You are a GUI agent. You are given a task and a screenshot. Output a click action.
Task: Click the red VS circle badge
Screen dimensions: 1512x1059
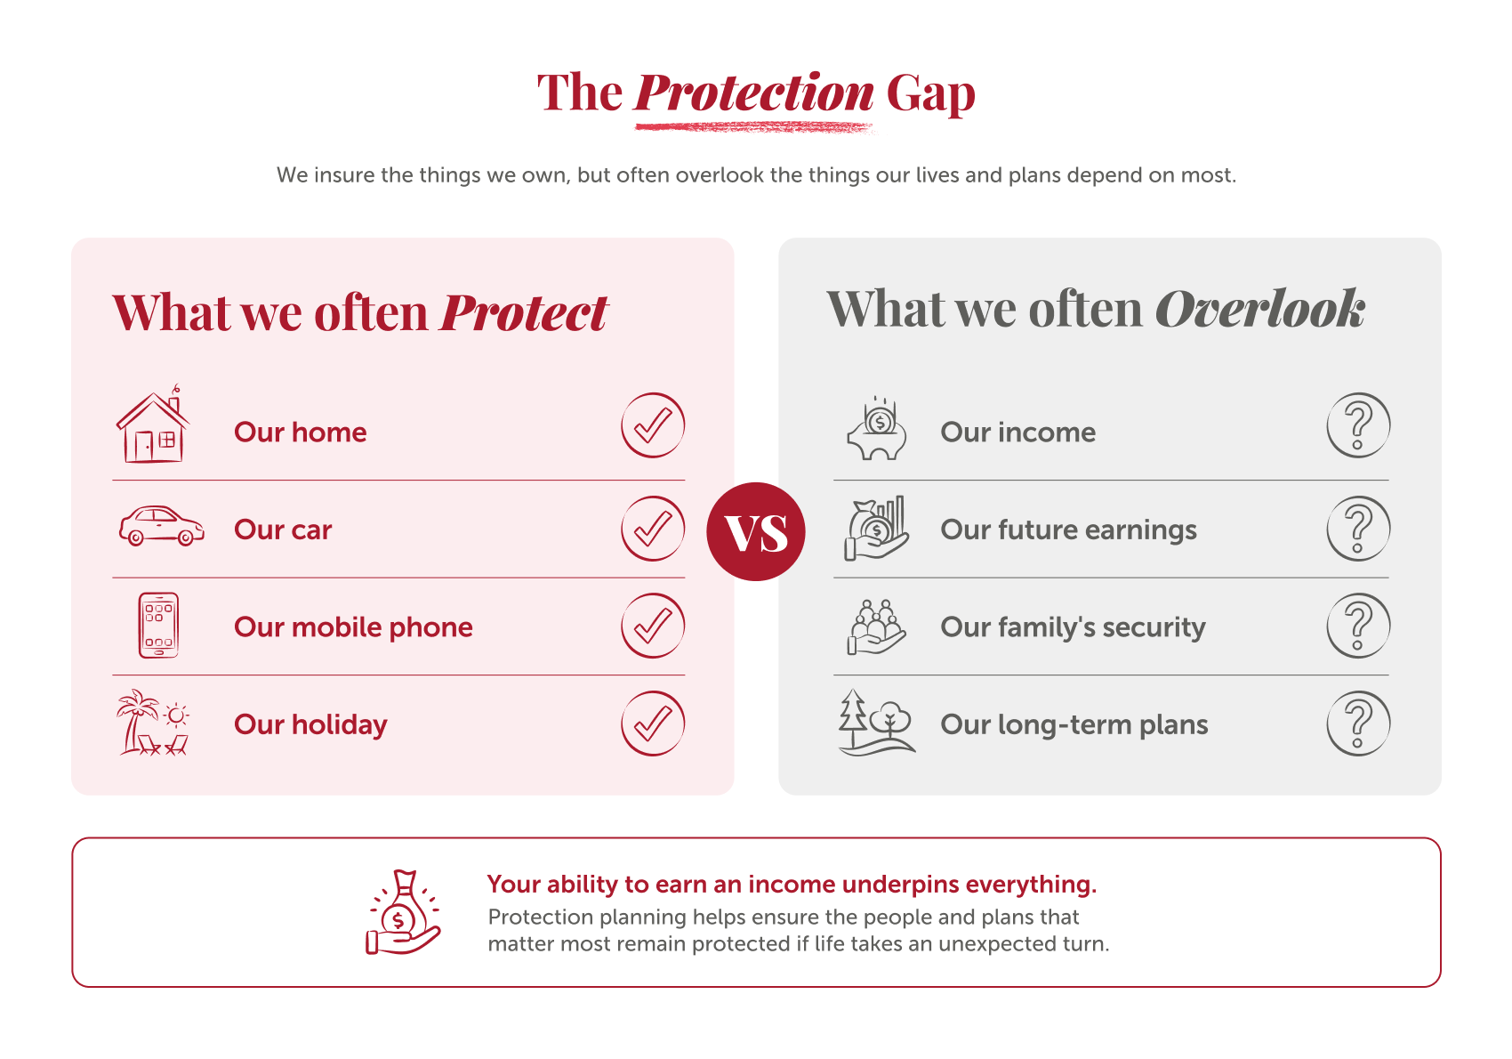click(755, 531)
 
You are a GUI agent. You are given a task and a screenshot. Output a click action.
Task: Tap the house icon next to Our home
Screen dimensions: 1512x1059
click(153, 424)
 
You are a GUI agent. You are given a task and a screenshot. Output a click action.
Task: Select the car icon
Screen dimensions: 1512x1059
click(161, 526)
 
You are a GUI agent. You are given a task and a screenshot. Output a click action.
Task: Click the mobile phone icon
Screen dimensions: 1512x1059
click(158, 626)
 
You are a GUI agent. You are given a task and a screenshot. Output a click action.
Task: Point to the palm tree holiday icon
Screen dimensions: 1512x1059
click(153, 723)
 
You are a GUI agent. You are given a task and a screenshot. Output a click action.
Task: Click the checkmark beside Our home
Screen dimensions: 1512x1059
click(653, 425)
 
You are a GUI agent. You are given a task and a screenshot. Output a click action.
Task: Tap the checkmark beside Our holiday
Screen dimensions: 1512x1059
click(653, 724)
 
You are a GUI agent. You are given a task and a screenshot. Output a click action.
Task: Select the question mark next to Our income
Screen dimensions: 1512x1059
click(1358, 425)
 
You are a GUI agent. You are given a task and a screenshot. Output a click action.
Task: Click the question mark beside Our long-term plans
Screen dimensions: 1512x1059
click(1358, 724)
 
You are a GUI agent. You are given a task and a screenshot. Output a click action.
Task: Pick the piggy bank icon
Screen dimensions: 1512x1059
click(877, 429)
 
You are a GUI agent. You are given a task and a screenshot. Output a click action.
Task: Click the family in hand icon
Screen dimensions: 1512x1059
click(876, 627)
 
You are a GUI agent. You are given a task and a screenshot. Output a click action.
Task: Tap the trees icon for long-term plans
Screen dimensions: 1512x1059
click(877, 723)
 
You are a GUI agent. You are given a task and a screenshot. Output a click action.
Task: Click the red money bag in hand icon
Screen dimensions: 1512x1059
click(403, 912)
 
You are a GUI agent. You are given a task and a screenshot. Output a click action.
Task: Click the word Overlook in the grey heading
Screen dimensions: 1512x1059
click(1260, 310)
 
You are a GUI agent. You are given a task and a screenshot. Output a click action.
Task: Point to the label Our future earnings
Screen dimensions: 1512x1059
click(1068, 530)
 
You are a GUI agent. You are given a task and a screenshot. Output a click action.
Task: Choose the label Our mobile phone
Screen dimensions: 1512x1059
click(353, 627)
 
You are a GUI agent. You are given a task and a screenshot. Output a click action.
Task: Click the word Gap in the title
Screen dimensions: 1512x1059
click(931, 94)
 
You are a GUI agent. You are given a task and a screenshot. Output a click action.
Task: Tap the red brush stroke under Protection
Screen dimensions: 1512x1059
click(754, 127)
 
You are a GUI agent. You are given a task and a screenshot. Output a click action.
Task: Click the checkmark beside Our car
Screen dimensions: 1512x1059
click(653, 529)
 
